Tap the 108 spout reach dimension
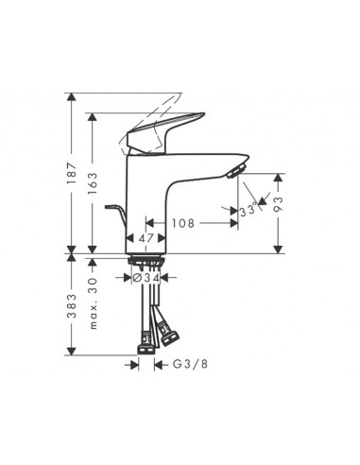pos(184,225)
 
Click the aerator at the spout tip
pos(236,170)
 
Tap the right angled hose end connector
pos(172,333)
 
